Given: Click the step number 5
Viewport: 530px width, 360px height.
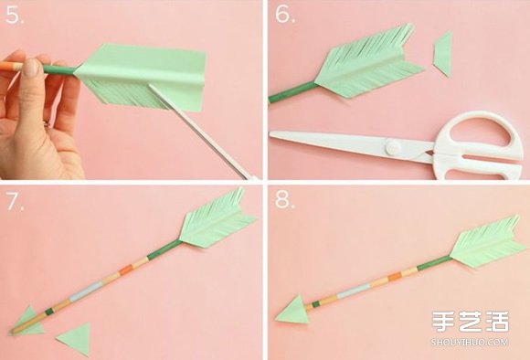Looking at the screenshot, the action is (x=15, y=15).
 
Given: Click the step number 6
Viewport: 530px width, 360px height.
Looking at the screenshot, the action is (x=285, y=15).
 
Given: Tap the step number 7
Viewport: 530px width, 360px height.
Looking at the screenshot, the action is (x=15, y=202).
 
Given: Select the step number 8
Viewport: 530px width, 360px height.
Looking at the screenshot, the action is (x=284, y=201).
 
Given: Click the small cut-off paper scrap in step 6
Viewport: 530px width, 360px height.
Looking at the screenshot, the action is (x=442, y=55).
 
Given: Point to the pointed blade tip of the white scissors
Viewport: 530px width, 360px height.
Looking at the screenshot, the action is (x=271, y=134).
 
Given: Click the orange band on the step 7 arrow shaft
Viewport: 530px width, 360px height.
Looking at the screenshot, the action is (x=126, y=270).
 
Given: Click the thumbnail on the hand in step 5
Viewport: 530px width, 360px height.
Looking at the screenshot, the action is (x=32, y=69).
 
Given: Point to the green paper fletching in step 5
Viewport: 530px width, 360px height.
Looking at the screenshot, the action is (x=142, y=77).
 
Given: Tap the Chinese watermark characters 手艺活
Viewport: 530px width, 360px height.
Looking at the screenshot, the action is (x=471, y=322).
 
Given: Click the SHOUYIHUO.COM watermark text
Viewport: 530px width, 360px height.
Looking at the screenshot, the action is (x=470, y=342).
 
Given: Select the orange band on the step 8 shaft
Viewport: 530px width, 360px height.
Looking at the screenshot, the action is (x=395, y=277).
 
